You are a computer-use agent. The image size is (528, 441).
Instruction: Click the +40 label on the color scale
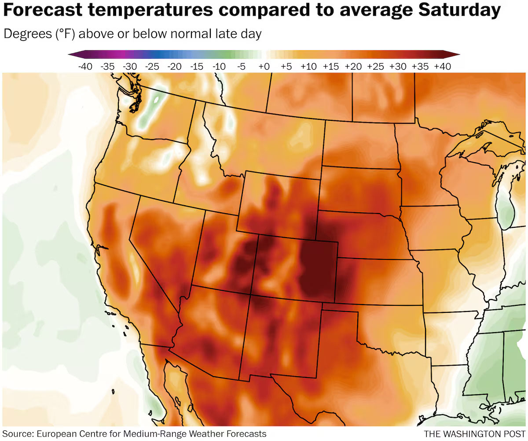point(443,67)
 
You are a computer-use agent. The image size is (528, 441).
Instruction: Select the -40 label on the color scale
point(84,67)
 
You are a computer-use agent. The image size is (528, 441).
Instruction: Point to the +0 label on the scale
point(264,67)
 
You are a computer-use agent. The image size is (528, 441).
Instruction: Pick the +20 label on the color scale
point(353,67)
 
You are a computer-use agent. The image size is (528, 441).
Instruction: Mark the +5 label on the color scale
point(286,67)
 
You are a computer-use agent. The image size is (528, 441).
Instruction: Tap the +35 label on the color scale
point(420,67)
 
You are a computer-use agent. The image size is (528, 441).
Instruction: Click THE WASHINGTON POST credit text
point(474,434)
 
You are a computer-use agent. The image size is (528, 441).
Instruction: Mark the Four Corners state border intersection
point(251,294)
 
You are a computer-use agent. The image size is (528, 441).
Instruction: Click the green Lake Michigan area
point(506,207)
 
